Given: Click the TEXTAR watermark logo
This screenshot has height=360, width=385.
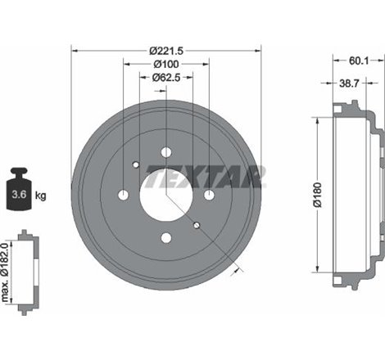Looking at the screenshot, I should (x=220, y=173).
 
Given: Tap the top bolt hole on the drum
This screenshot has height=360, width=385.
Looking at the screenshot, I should (x=166, y=152).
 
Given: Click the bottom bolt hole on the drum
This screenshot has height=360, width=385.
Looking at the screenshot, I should (x=166, y=238).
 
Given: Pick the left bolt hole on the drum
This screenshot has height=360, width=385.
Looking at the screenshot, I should (x=124, y=195).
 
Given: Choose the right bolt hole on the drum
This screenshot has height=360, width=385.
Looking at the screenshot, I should (x=209, y=195).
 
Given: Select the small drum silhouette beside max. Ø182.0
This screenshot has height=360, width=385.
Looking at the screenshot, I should (x=29, y=263).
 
